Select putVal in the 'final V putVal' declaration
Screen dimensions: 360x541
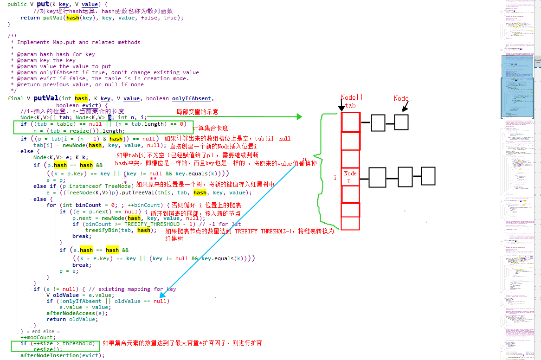45,98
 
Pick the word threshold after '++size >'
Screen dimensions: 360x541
79,343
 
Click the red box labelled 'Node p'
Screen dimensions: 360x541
350,177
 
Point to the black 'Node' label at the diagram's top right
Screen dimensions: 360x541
401,98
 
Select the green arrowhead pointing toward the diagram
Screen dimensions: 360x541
299,117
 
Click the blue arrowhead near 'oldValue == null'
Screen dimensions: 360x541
162,294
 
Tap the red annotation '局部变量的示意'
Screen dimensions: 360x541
197,112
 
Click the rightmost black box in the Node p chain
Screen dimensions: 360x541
428,176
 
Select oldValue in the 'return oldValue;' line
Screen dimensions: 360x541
83,319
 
